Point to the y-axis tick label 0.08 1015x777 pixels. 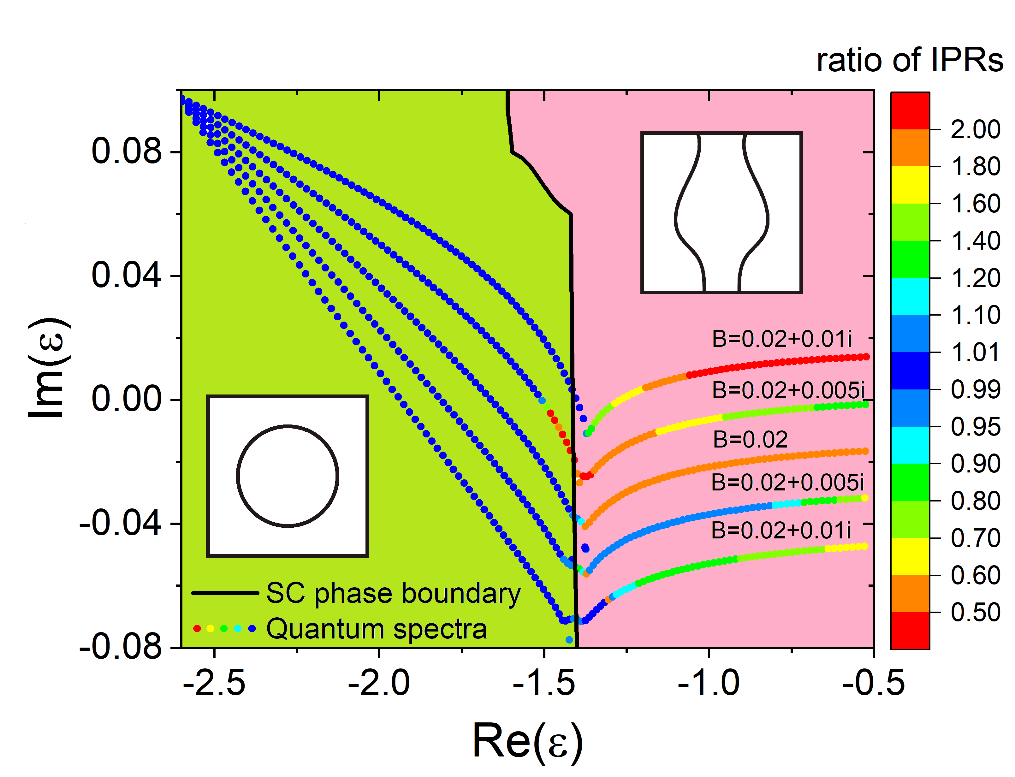(127, 151)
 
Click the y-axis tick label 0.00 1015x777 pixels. (127, 399)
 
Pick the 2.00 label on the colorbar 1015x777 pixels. (975, 129)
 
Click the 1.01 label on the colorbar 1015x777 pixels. (975, 353)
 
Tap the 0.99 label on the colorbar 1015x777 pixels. (975, 389)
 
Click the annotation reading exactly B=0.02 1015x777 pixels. (750, 439)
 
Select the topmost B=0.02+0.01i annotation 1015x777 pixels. (781, 339)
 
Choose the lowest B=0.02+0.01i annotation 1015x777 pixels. (781, 530)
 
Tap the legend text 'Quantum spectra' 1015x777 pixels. (377, 629)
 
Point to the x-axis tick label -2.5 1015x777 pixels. (214, 684)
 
